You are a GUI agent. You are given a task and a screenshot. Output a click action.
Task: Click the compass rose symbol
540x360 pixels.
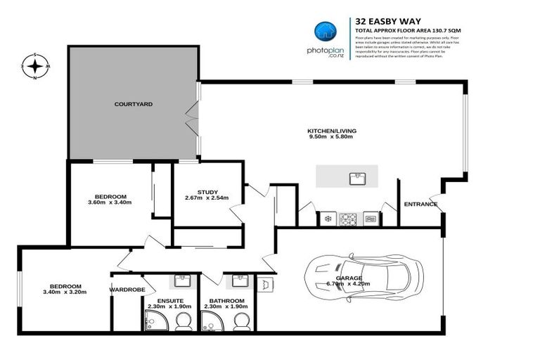point(34,67)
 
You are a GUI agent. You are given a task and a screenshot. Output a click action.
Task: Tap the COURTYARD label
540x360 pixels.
point(134,104)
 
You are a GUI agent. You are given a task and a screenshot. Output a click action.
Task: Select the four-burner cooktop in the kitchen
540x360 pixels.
point(349,219)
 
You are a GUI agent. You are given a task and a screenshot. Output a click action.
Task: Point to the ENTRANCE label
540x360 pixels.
point(420,205)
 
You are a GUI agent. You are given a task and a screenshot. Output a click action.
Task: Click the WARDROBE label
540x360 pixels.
point(127,289)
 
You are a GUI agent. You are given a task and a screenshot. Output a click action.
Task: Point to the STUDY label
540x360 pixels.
point(207,192)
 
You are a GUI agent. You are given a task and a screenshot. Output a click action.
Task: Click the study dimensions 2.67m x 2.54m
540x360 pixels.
point(207,199)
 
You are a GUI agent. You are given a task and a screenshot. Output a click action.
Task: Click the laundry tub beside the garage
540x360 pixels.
point(266,284)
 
